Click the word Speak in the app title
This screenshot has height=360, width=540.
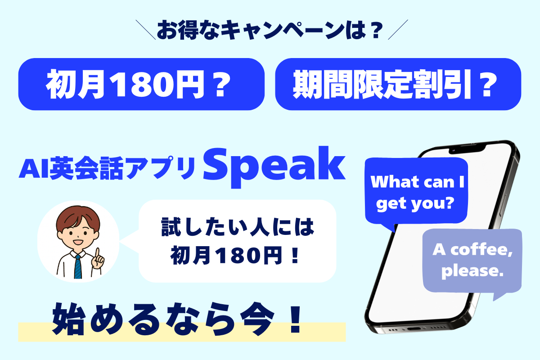[274, 166]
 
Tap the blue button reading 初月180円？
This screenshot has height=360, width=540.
[141, 84]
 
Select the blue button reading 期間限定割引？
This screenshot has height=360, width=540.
[398, 84]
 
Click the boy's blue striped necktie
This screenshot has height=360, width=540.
[78, 267]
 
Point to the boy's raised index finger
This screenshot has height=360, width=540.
[97, 253]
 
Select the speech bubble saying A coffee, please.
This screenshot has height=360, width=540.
[472, 261]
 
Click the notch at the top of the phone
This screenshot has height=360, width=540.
[467, 149]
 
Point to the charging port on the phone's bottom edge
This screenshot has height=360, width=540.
[414, 329]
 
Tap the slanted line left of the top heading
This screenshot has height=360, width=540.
[146, 30]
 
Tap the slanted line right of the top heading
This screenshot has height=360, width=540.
[398, 29]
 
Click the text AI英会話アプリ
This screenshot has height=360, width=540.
[107, 168]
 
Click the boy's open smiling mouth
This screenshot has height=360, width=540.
[78, 242]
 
